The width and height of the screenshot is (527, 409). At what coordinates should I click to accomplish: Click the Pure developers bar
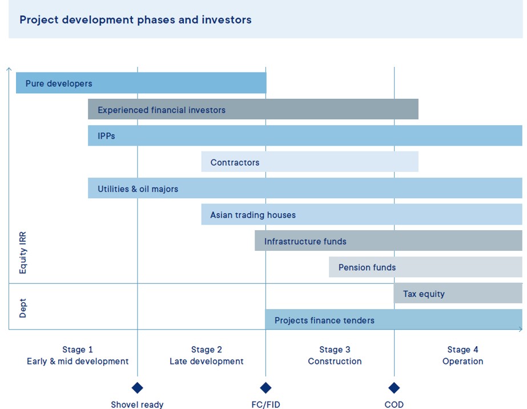click(x=141, y=83)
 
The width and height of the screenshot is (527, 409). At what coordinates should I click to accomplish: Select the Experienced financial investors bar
click(x=253, y=110)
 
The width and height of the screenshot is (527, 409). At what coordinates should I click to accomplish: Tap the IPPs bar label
click(x=106, y=136)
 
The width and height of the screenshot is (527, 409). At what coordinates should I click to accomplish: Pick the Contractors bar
click(x=309, y=162)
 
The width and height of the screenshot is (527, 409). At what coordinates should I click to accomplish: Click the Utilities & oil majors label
click(x=138, y=189)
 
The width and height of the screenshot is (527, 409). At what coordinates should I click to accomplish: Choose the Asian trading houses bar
click(x=361, y=215)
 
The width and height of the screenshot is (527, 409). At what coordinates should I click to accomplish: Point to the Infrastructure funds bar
click(x=388, y=241)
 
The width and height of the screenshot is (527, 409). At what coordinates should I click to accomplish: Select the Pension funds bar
click(x=425, y=267)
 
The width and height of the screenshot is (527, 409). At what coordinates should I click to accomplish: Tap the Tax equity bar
click(x=458, y=294)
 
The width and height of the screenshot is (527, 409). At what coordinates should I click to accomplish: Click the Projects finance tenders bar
click(x=393, y=320)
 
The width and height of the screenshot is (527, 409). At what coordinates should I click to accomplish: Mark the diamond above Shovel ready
click(x=137, y=388)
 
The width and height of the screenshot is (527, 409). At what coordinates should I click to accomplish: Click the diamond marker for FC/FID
click(x=265, y=388)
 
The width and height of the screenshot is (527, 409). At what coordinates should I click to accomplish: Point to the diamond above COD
click(x=394, y=388)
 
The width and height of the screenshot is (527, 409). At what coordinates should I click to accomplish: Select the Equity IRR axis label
click(x=23, y=252)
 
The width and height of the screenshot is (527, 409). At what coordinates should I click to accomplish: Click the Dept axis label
click(x=23, y=307)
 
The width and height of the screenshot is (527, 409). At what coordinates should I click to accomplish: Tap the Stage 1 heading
click(x=78, y=350)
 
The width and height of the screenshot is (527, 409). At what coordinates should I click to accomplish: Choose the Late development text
click(x=207, y=361)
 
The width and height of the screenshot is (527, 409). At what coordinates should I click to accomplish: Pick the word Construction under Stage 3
click(x=335, y=361)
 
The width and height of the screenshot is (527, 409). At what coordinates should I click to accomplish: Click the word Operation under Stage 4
click(x=462, y=361)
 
